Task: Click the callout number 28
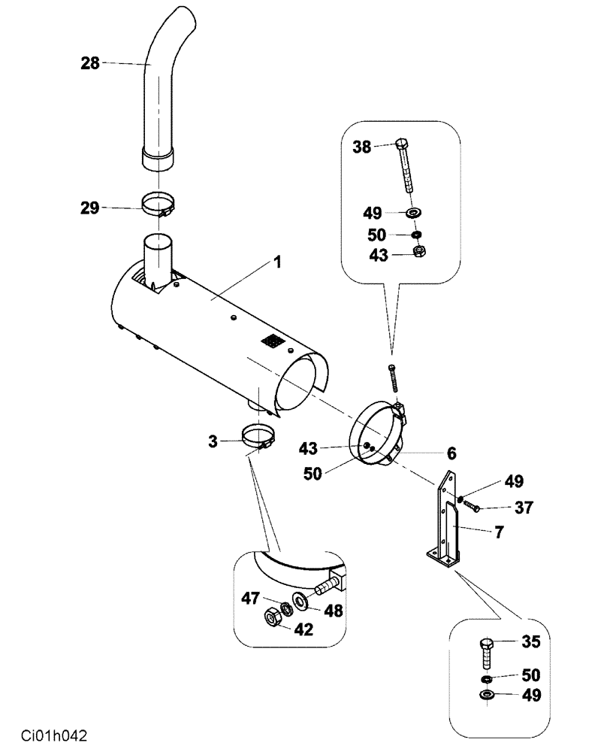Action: click(x=89, y=64)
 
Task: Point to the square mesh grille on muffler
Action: click(x=273, y=341)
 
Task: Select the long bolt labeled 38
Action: click(x=404, y=165)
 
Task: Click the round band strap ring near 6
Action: click(x=376, y=440)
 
